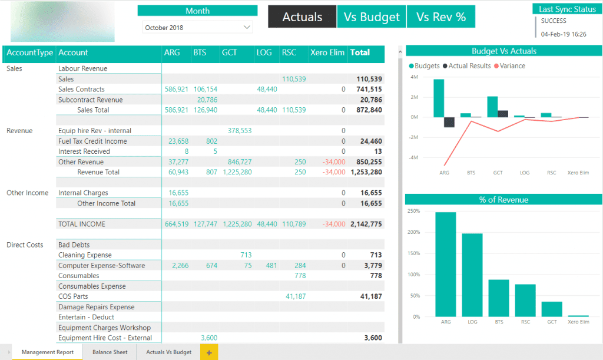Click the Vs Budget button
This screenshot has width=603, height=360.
tap(371, 17)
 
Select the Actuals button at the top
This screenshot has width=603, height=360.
tap(302, 17)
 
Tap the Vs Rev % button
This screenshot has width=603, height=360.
tap(440, 17)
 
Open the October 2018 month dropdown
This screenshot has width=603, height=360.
tap(197, 28)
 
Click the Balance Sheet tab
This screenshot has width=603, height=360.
tap(110, 352)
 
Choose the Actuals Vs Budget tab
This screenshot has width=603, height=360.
tap(169, 352)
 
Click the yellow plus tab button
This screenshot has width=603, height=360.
tap(208, 352)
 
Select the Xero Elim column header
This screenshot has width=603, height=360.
tap(327, 52)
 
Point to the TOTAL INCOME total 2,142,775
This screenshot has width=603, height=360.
tap(366, 224)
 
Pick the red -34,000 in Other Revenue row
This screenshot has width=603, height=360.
tap(333, 162)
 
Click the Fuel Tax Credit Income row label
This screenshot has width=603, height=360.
tap(92, 141)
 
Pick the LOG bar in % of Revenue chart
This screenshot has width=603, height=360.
tap(472, 275)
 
